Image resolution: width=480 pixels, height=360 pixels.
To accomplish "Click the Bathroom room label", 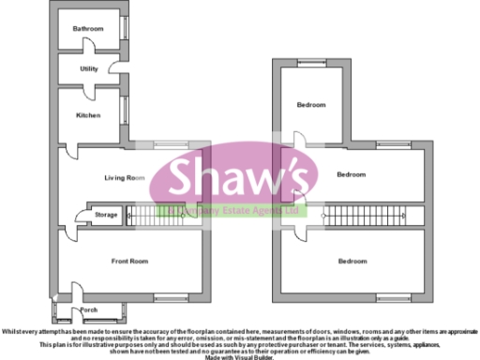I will tap(88, 29).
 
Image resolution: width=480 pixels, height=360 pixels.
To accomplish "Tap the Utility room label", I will tap(89, 68).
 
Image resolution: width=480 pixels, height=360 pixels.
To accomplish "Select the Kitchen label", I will tap(88, 114).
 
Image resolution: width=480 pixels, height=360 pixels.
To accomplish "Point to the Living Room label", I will tap(123, 177).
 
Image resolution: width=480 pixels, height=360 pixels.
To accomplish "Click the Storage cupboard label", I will tap(106, 215).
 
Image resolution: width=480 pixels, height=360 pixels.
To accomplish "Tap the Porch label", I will tap(89, 308).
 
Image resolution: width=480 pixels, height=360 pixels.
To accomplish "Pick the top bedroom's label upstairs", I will tap(310, 104).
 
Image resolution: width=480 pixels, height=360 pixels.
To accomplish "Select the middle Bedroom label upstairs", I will tap(352, 173).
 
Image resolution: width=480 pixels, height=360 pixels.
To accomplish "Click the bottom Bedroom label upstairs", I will tap(352, 261).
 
